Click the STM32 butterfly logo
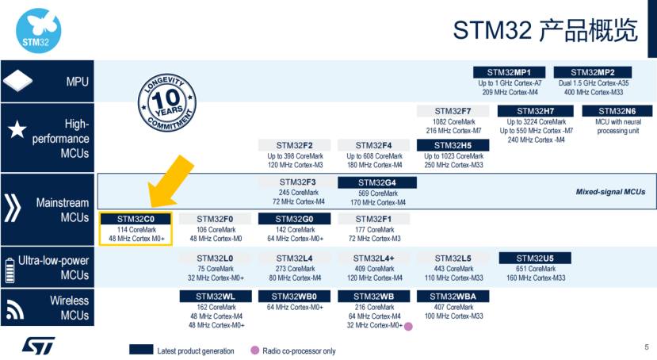click(x=39, y=31)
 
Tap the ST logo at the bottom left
click(x=39, y=346)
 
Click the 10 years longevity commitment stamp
click(x=166, y=102)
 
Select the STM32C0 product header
click(x=136, y=219)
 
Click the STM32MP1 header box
click(x=509, y=72)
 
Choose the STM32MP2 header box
click(x=593, y=72)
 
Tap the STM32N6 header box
click(x=617, y=111)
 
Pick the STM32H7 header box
click(x=536, y=111)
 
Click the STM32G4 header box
click(x=377, y=182)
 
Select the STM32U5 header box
click(x=535, y=259)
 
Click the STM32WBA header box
click(x=453, y=297)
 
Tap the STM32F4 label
click(x=374, y=145)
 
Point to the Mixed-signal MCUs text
click(x=610, y=192)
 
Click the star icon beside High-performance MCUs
click(x=17, y=129)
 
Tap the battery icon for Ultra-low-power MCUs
click(x=10, y=270)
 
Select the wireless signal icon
click(x=15, y=310)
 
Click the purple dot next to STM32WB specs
click(x=408, y=327)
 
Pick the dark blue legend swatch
click(x=141, y=350)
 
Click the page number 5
click(x=647, y=347)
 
